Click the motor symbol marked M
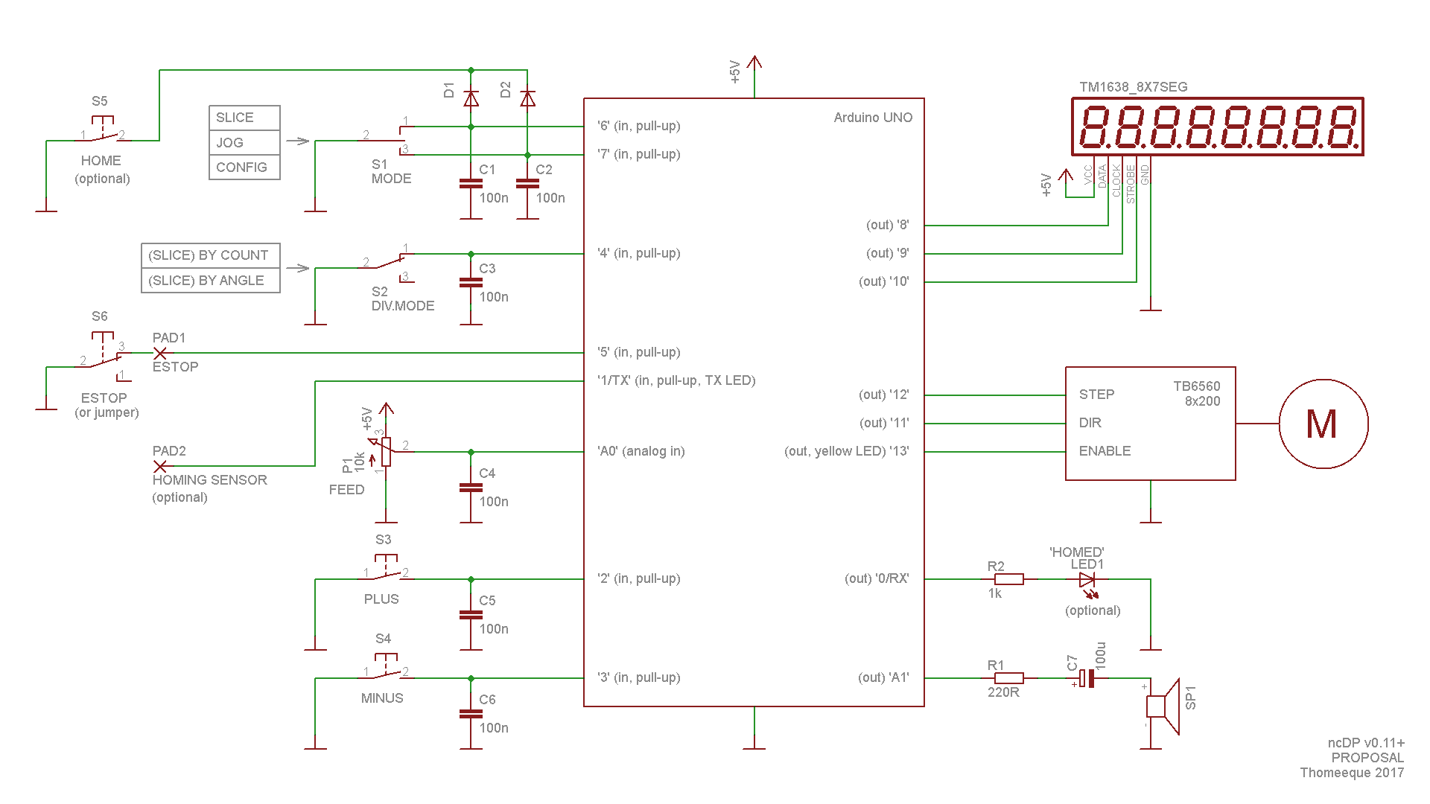coord(1323,424)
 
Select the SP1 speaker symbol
coord(1162,706)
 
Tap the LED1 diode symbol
coord(1087,579)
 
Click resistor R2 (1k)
coord(1009,579)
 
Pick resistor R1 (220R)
coord(1009,678)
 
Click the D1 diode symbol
coord(471,98)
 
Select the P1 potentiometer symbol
coord(386,451)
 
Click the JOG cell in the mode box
coord(244,142)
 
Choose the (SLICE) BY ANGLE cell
coord(210,281)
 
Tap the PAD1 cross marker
coord(159,353)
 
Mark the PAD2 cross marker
coord(159,466)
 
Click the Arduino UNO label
coord(873,118)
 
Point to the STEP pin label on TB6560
coord(1096,395)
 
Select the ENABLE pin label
coord(1105,451)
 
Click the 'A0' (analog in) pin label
coord(641,451)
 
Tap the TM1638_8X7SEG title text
coord(1133,87)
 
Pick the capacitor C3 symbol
coord(471,282)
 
